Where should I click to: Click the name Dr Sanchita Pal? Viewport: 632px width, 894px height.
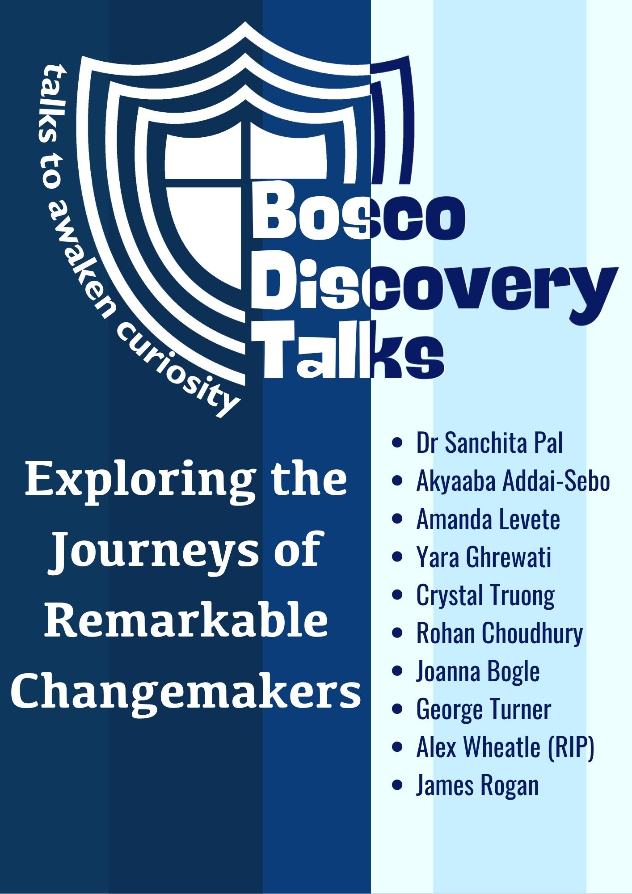coord(489,443)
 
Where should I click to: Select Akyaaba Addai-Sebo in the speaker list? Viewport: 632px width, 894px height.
coord(513,481)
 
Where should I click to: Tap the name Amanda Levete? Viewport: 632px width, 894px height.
coord(488,519)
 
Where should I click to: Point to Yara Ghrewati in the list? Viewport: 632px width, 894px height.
coord(484,557)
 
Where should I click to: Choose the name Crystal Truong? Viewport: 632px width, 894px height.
coord(485,596)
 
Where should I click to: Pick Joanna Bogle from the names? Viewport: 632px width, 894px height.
coord(478,671)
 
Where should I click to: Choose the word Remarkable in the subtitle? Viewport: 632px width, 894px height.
coord(185,620)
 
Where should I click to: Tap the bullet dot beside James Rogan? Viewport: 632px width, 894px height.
coord(396,786)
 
